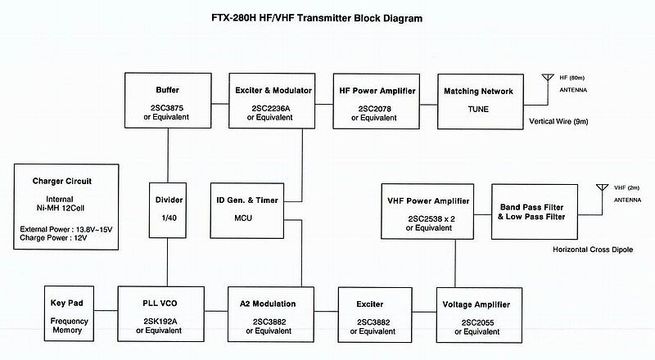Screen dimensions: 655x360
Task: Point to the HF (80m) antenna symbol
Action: [x=548, y=78]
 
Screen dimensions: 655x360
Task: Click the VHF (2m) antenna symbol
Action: [x=602, y=187]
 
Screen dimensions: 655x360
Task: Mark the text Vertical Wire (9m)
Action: [x=558, y=122]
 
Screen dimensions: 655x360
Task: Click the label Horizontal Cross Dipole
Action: [x=593, y=250]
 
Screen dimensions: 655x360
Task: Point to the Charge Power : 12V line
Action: [x=53, y=238]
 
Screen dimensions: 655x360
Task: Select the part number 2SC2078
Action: [x=375, y=109]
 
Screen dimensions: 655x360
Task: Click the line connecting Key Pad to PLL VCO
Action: [x=106, y=310]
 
